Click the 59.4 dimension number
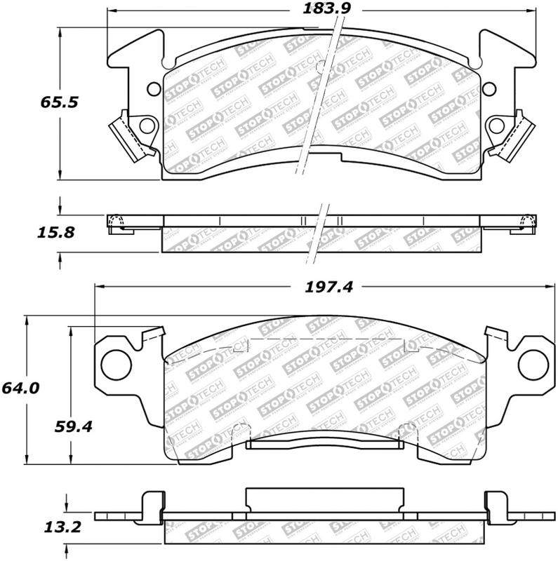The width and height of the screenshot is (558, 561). coord(71,425)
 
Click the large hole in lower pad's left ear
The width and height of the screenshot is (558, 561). coord(113,363)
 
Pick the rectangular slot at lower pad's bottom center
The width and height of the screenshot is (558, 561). coord(325,442)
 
